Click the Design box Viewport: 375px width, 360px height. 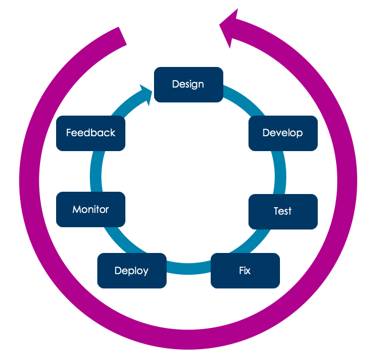tap(188, 85)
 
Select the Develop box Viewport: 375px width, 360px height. tap(283, 133)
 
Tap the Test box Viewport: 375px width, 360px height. tap(283, 211)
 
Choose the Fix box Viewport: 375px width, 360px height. tap(245, 271)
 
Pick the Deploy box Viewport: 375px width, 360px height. tap(132, 271)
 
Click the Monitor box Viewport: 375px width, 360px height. tap(90, 209)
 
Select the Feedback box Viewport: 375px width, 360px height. tap(90, 133)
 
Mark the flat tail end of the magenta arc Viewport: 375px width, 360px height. tap(121, 38)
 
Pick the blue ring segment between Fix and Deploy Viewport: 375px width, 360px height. tap(188, 269)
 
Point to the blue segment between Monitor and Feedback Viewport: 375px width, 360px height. tap(95, 171)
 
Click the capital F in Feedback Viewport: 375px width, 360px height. tap(69, 133)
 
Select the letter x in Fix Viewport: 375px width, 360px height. tap(248, 271)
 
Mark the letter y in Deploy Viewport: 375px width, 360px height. tap(145, 272)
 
